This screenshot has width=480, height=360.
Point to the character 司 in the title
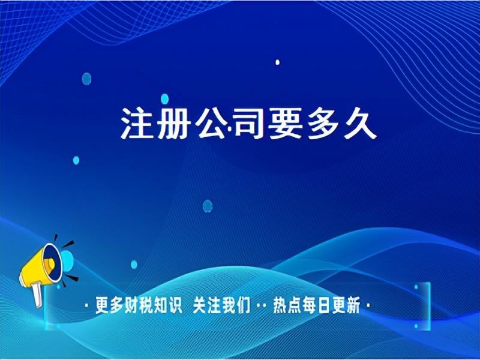coord(247,124)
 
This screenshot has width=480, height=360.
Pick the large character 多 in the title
coord(322,124)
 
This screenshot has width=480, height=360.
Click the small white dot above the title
coord(277,62)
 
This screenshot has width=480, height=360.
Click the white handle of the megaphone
coord(37,295)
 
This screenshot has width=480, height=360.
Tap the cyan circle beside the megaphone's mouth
coord(68,261)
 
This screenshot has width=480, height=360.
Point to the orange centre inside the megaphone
coord(49,265)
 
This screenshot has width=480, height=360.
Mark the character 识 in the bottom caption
coord(175,305)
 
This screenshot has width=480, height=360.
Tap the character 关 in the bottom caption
coord(200,305)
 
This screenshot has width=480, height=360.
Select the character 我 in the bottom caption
coord(229,305)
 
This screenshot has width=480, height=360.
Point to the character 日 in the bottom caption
coord(323,305)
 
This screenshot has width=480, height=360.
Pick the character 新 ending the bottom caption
coord(353,305)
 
